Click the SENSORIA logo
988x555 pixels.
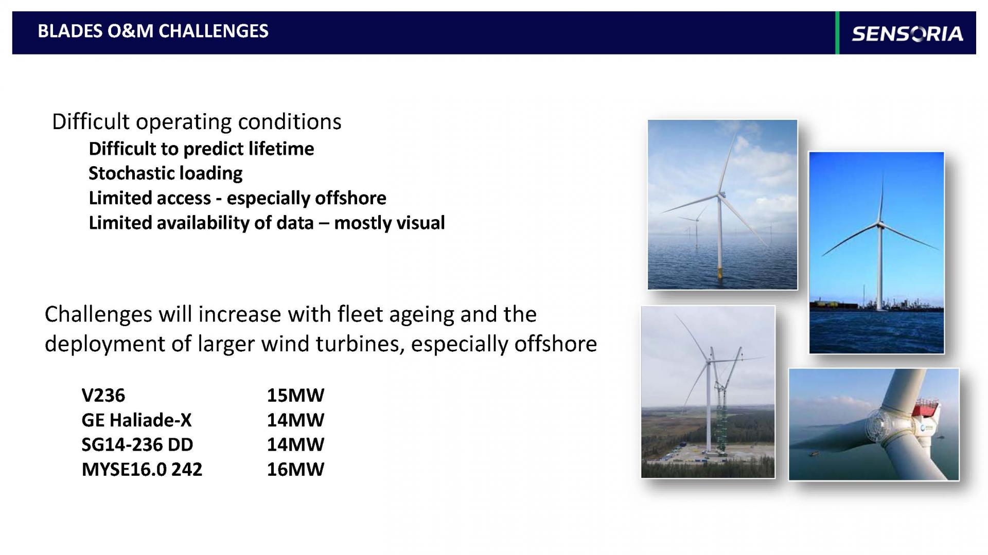coord(907,33)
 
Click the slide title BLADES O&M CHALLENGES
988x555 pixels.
coord(153,31)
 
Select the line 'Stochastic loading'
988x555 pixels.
coord(165,173)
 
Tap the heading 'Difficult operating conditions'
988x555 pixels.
coord(197,122)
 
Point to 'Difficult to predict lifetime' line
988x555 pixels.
coord(201,149)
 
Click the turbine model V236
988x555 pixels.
coord(103,395)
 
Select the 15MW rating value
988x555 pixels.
coord(295,395)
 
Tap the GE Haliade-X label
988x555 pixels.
coord(136,420)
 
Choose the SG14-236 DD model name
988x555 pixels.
coord(137,444)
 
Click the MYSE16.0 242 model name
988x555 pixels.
coord(142,469)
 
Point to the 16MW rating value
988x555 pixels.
coord(295,469)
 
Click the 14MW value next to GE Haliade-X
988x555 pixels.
coord(295,420)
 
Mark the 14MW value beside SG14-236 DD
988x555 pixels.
coord(295,444)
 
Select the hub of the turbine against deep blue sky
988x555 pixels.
coord(880,224)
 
